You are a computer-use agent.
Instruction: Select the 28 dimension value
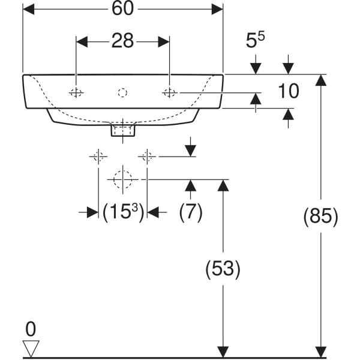click(122, 41)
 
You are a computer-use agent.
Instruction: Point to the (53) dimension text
click(223, 268)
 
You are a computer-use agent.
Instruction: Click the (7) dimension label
click(191, 212)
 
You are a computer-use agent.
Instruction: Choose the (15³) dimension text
click(123, 212)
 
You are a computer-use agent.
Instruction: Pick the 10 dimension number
click(289, 91)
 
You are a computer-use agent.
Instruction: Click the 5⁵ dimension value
click(256, 42)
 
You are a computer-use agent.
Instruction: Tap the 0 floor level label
click(31, 328)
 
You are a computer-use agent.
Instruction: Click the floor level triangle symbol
click(31, 347)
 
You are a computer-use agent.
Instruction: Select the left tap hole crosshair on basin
click(76, 92)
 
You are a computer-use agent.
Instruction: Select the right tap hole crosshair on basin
click(170, 92)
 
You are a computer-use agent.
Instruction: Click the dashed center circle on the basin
click(122, 92)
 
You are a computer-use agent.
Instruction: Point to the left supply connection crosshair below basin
click(98, 157)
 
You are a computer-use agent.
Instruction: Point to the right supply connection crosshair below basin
click(146, 157)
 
